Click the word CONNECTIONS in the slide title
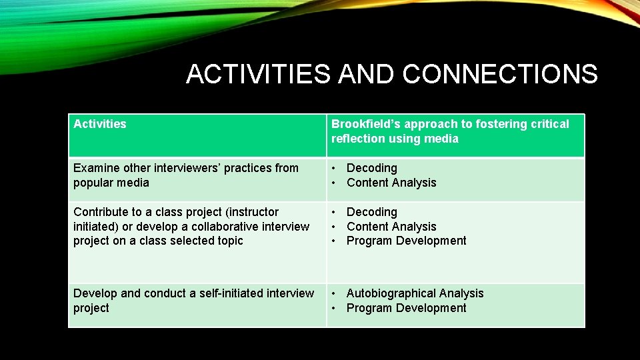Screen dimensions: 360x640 [500, 74]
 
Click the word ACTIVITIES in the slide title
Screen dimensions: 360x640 [258, 74]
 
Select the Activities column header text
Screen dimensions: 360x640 [100, 124]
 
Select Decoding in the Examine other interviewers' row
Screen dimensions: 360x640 [371, 168]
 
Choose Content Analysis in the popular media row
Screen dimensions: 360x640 [391, 183]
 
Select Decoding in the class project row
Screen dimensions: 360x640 [371, 212]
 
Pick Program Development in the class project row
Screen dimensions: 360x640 [406, 241]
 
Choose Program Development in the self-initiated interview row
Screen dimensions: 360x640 [406, 308]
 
